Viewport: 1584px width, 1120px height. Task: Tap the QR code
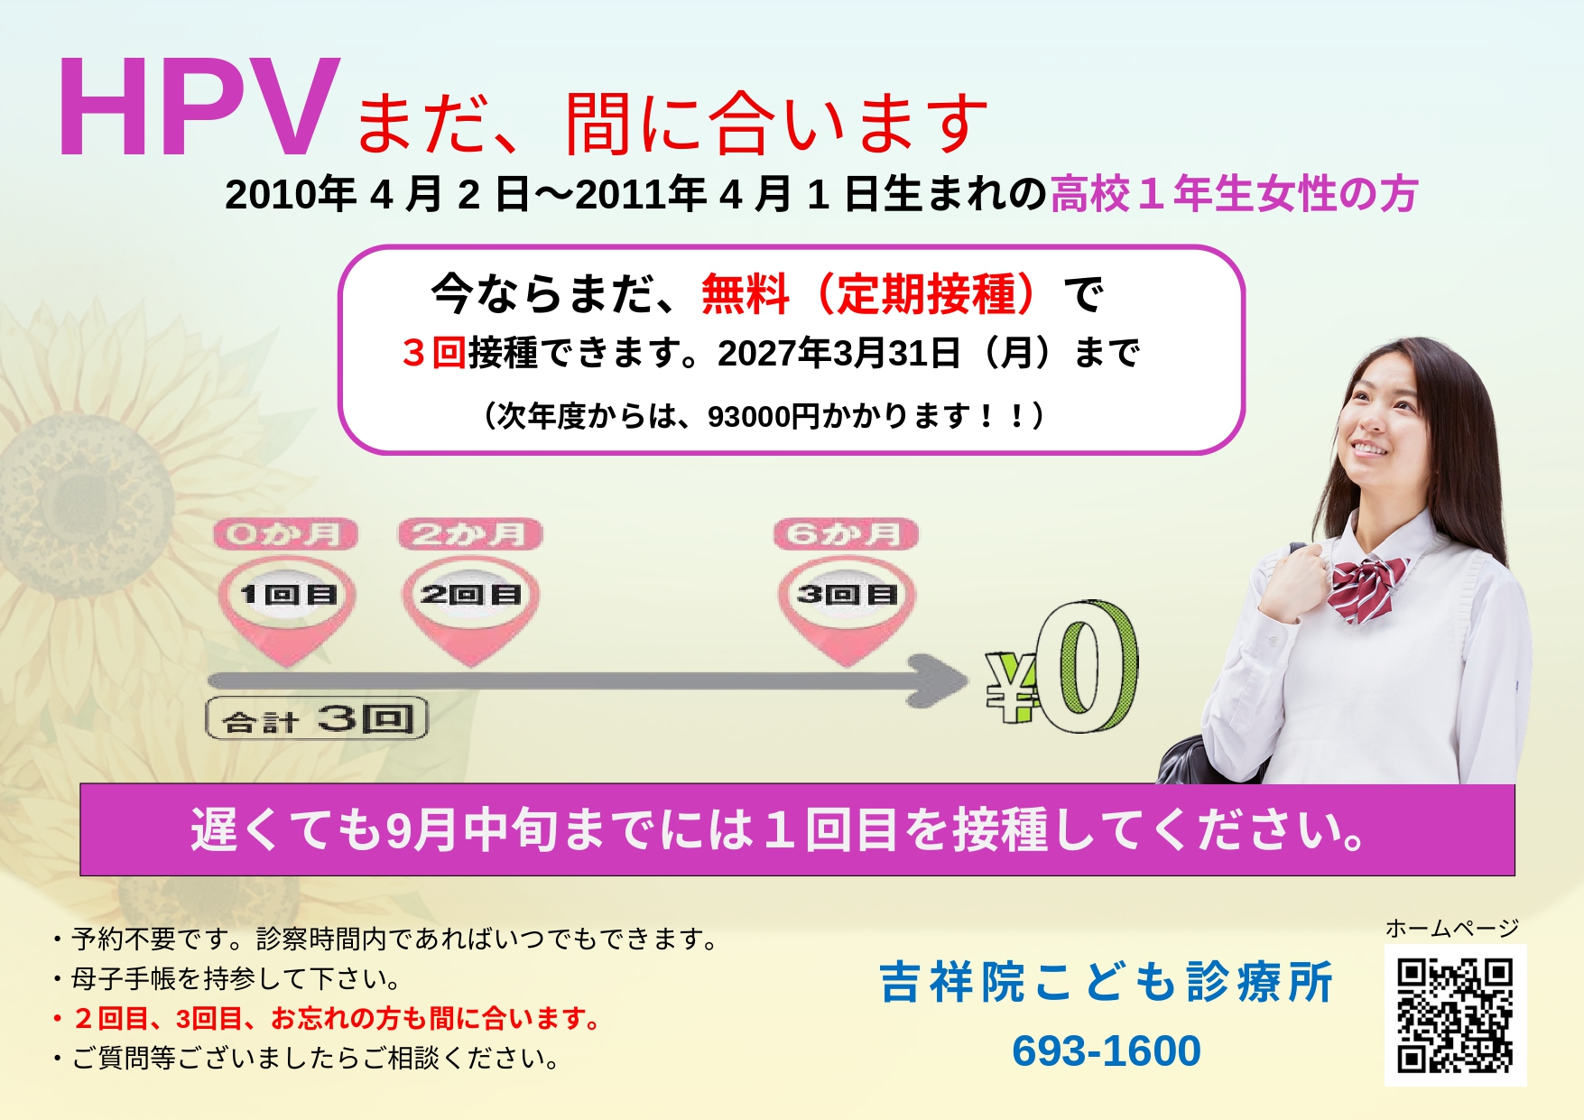1455,1015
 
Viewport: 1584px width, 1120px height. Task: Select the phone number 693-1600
1107,1051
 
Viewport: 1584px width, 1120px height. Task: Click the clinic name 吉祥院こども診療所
1107,982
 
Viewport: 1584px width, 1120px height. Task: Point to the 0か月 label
286,534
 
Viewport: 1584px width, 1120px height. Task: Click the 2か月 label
470,534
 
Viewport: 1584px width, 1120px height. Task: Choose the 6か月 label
846,534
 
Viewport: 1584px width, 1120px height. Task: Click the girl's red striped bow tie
1367,588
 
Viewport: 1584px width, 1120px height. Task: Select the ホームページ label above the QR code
1452,928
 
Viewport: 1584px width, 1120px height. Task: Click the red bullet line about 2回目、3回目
327,1019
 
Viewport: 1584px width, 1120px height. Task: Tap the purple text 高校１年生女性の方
1234,194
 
